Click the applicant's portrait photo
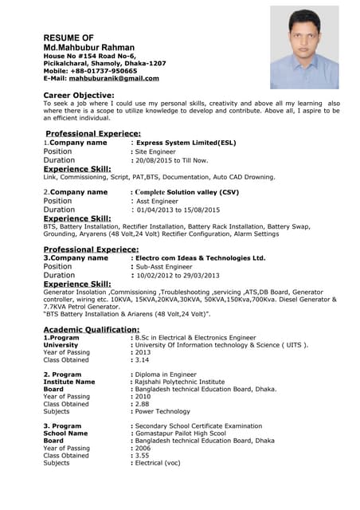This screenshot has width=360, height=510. point(303,47)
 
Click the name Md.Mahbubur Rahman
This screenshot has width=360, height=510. point(88,48)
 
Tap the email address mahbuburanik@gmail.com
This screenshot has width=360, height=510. point(114,78)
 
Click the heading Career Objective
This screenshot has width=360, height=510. point(83,95)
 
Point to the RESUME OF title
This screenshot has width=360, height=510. point(68,37)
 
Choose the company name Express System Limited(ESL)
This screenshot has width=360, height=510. point(186,143)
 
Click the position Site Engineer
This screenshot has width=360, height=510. point(156,151)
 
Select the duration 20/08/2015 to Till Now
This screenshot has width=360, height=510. point(172,160)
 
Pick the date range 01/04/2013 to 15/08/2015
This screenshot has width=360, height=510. point(178,210)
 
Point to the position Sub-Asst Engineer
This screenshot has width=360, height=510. point(166,267)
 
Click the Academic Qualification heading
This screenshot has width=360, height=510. point(91,329)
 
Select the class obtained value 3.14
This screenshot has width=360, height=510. point(143,359)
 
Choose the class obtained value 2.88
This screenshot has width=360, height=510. point(143,404)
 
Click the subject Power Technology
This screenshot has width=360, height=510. point(162,411)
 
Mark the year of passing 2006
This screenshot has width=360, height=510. point(143,448)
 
